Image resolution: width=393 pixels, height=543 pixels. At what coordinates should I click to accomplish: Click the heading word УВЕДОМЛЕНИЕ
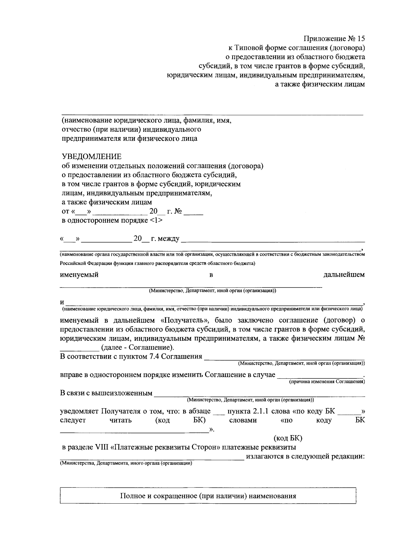[x=92, y=156]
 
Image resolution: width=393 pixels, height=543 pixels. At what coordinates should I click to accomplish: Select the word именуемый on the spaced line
[x=79, y=275]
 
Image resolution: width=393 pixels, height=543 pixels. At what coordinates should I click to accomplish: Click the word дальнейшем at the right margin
[x=344, y=275]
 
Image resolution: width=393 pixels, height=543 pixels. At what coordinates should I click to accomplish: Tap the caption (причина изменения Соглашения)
[x=327, y=382]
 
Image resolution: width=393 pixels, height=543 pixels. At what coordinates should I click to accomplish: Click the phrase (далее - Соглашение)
[x=138, y=348]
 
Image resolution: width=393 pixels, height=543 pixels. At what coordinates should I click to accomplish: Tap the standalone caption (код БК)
[x=288, y=438]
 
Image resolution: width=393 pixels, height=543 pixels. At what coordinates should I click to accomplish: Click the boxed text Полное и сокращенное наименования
[x=208, y=496]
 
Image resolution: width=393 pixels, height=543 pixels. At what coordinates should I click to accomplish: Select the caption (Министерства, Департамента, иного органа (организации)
[x=125, y=464]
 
